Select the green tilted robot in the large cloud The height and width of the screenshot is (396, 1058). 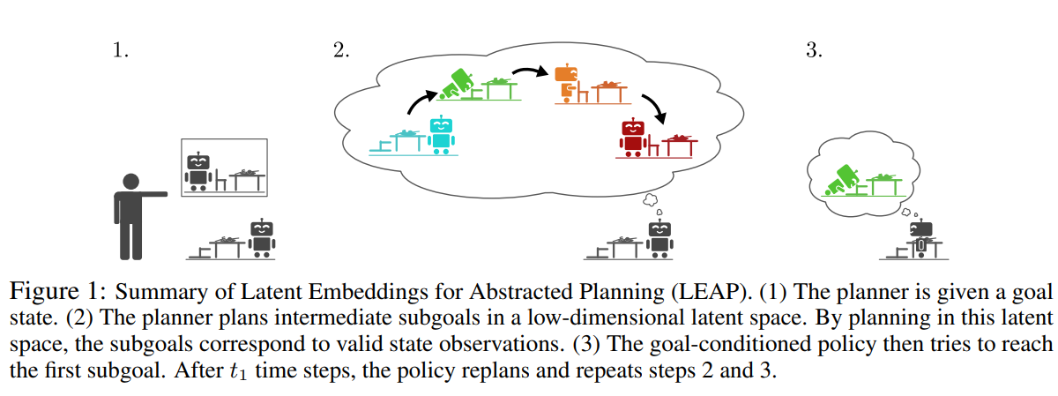(x=459, y=84)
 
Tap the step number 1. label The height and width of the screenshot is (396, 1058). (x=120, y=50)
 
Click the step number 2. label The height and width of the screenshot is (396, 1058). (x=341, y=50)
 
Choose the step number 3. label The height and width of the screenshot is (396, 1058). (x=814, y=50)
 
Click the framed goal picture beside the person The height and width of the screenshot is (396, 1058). (x=225, y=167)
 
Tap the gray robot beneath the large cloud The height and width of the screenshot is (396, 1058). (x=659, y=238)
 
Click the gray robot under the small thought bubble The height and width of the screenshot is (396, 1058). (x=920, y=238)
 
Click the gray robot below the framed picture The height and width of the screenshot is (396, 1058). (x=261, y=238)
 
